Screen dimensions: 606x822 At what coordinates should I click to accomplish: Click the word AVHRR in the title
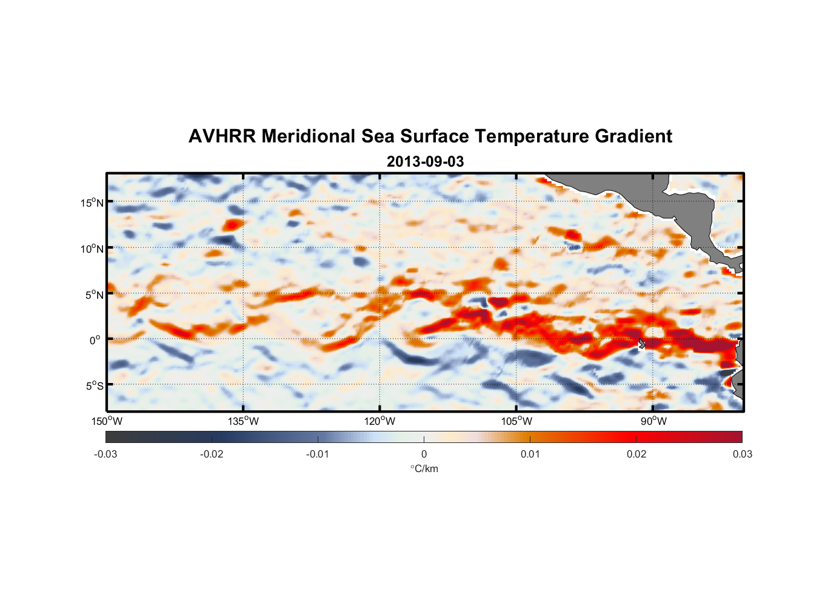[221, 136]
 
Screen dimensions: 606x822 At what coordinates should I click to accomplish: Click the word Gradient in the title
[633, 136]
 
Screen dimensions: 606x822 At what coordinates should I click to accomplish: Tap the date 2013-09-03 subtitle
[425, 162]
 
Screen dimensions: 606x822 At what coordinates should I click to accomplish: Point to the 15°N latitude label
[92, 202]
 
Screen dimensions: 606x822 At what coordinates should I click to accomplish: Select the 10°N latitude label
[92, 248]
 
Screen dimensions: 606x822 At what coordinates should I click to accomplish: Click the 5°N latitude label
[94, 295]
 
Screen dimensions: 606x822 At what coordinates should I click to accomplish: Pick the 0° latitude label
[95, 340]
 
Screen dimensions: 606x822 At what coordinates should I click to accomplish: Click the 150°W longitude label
[107, 421]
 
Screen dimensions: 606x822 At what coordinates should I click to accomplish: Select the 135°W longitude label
[243, 421]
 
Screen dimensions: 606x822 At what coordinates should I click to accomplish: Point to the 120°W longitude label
[379, 421]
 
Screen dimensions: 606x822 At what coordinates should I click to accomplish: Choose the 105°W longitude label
[516, 421]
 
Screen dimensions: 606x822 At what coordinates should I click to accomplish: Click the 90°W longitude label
[653, 421]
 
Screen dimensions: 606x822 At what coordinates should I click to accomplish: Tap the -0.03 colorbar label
[105, 454]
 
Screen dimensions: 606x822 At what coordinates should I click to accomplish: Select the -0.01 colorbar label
[318, 454]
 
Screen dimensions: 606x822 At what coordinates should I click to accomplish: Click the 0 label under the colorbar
[424, 454]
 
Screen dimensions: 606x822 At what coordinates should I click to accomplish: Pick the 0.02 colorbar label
[637, 454]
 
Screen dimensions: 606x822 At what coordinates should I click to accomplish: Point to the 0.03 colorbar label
[742, 454]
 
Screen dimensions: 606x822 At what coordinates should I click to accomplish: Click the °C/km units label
[424, 468]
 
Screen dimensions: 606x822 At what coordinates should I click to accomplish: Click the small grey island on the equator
[641, 344]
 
